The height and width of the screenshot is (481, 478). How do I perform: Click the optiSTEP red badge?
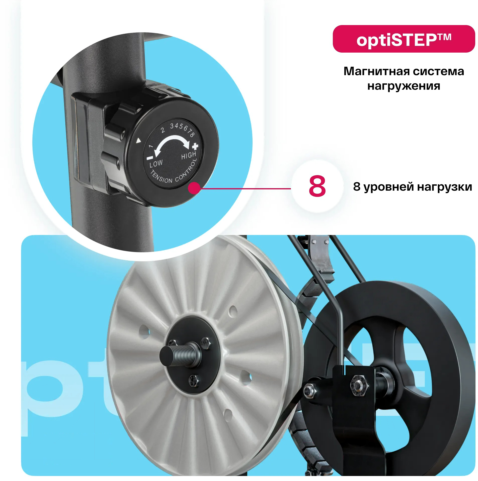(x=404, y=39)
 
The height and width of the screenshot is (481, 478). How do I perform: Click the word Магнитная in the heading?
(x=376, y=71)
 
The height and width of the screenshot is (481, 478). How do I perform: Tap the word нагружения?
(x=404, y=86)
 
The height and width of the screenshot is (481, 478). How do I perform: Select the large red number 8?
(x=317, y=186)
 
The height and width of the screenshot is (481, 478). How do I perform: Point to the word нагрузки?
(x=445, y=187)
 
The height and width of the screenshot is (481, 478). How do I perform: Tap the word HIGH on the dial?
(x=189, y=155)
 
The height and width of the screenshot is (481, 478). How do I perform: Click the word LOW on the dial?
(x=156, y=164)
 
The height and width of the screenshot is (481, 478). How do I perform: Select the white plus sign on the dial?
(x=195, y=146)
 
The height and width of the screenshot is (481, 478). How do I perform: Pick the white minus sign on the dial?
(x=150, y=158)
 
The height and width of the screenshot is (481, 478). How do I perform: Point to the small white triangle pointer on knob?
(x=138, y=141)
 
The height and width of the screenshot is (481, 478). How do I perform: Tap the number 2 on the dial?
(x=163, y=130)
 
